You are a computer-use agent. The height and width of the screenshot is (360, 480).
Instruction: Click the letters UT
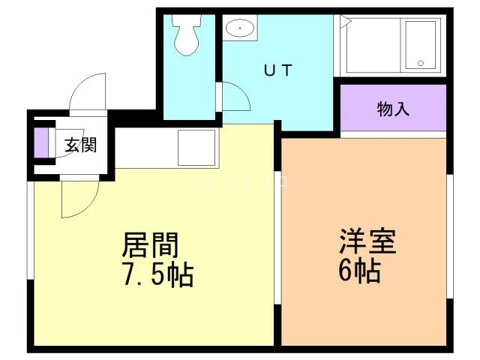(277, 72)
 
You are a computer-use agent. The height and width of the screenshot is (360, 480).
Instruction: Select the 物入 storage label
(393, 109)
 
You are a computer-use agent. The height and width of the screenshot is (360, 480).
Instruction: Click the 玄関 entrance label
(79, 145)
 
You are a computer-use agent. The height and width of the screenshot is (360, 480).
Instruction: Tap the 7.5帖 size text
(157, 275)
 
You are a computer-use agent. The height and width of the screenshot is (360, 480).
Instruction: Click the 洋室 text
(367, 242)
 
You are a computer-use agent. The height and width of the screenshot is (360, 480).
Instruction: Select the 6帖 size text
(359, 270)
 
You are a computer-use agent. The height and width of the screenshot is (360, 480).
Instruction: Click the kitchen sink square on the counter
(195, 148)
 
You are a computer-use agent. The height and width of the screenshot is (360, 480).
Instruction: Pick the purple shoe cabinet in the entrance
(41, 144)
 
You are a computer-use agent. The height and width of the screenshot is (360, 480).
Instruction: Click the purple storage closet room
(393, 109)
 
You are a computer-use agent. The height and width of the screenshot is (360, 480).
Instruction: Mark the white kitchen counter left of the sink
(142, 148)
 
